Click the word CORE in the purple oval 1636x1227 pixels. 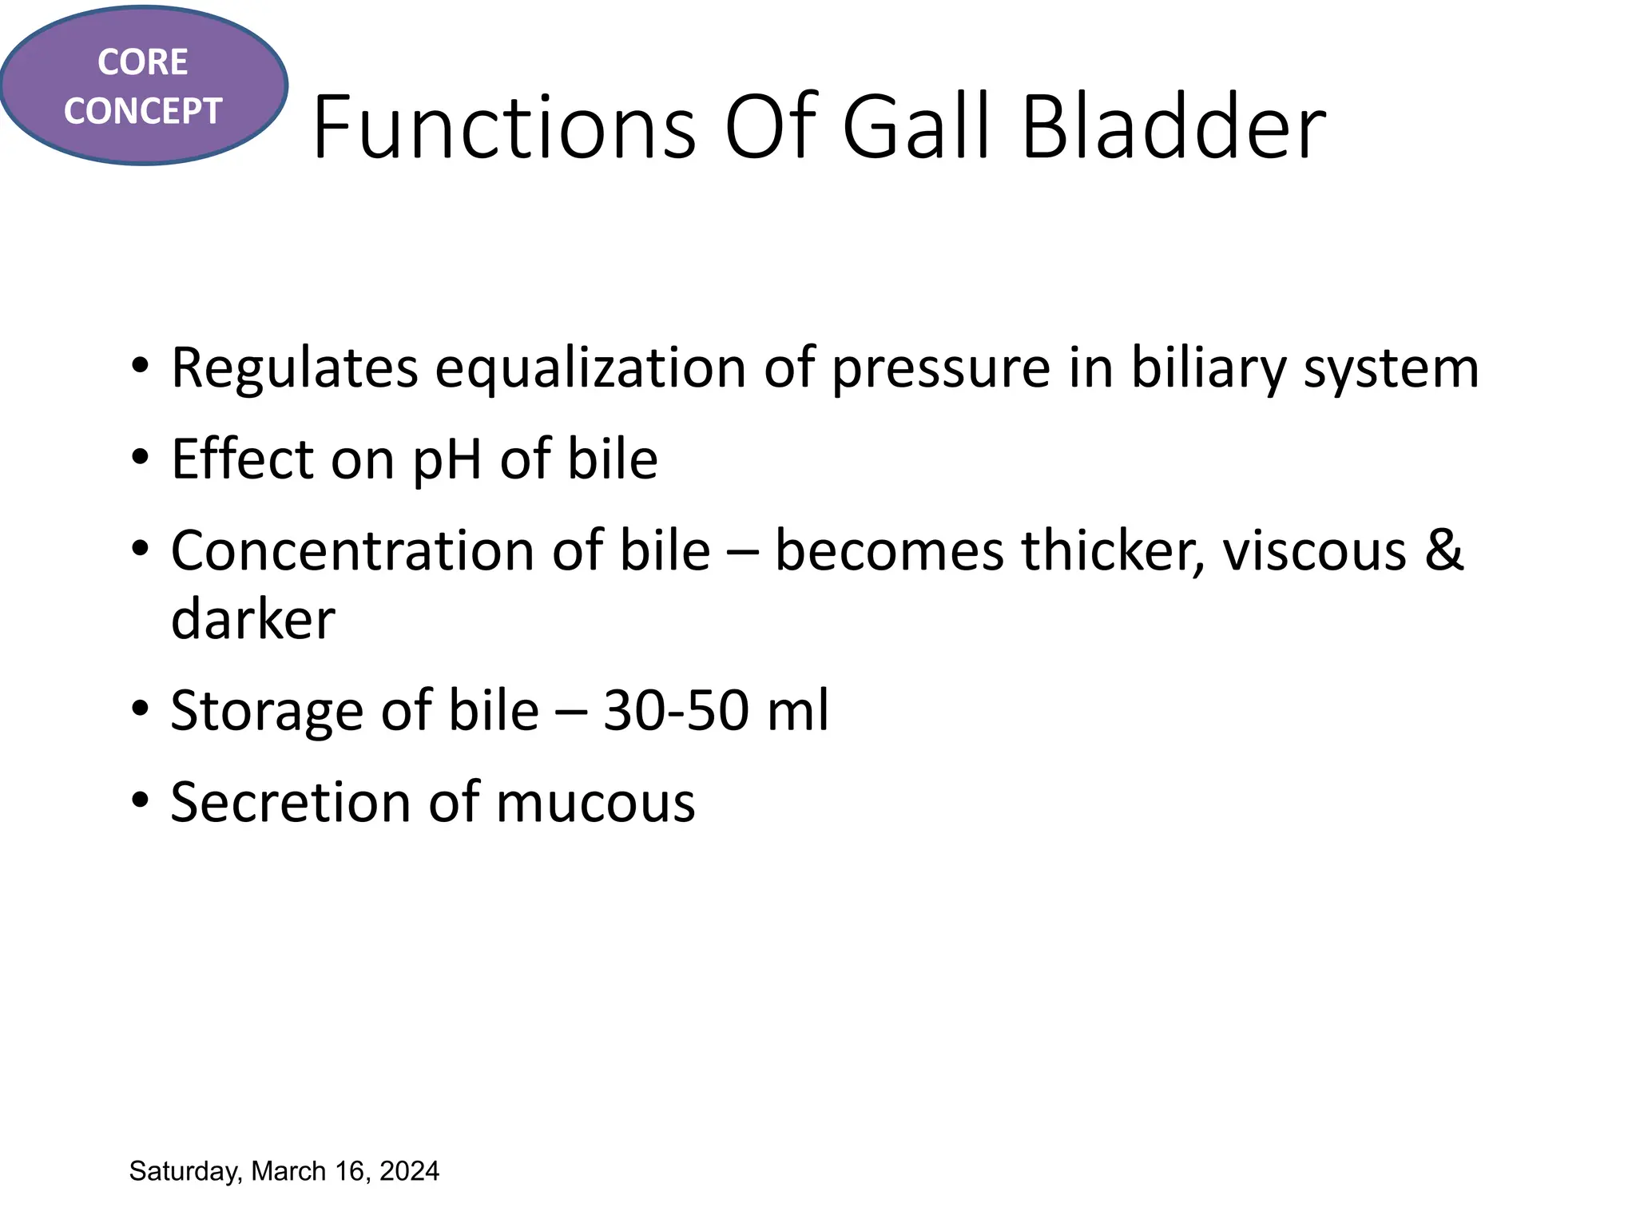coord(142,62)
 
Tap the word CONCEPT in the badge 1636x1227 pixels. coord(142,111)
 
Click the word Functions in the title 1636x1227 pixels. coord(504,128)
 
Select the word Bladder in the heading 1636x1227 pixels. coord(1173,128)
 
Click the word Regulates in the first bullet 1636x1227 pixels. coord(294,369)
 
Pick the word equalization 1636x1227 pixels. coord(590,369)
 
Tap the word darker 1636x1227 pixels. coord(253,620)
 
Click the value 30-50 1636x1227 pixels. coord(675,711)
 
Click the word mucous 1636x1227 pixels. coord(595,803)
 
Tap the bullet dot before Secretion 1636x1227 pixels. coord(141,800)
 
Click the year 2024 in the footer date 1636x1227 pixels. coord(409,1171)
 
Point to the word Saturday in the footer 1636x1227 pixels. coord(183,1172)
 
